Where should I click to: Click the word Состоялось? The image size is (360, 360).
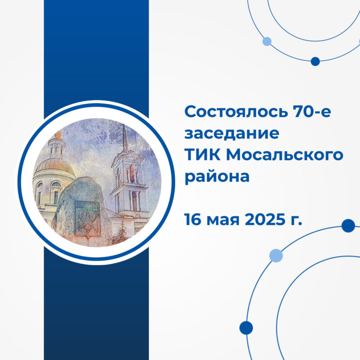[236, 111]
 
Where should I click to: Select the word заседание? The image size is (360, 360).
[232, 133]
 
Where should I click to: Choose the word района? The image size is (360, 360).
[217, 177]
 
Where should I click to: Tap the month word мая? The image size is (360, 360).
[223, 221]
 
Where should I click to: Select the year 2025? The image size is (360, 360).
[265, 220]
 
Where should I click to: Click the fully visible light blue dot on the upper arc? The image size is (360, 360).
[267, 41]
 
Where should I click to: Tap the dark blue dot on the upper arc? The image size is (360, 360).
[315, 61]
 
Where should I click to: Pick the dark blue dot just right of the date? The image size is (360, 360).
[348, 226]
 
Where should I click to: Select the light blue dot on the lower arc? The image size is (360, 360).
[276, 256]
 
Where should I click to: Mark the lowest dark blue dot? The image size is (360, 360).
[246, 328]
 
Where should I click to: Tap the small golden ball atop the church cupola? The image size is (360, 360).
[58, 135]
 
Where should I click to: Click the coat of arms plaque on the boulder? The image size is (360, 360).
[88, 219]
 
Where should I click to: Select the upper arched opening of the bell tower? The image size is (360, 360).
[132, 173]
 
